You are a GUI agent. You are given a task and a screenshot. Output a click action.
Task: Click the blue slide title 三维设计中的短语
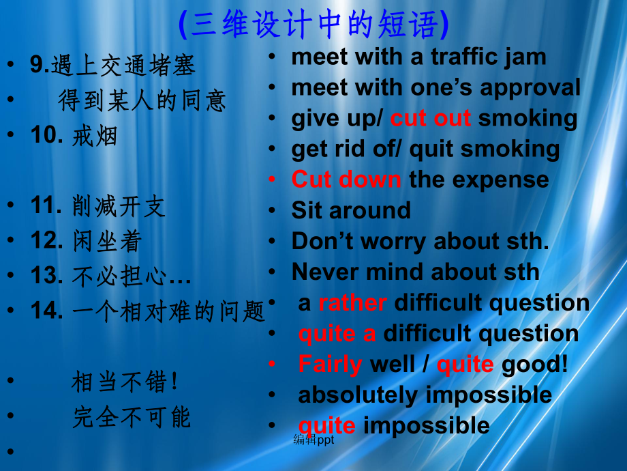(x=314, y=24)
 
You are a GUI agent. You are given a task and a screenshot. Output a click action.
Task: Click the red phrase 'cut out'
(x=431, y=118)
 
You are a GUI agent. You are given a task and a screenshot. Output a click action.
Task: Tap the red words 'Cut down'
(x=346, y=179)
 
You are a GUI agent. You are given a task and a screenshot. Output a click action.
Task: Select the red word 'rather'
(x=353, y=303)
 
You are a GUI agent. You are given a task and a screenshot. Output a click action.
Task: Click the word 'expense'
(x=501, y=180)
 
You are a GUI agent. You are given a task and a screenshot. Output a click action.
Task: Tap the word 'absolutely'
(x=358, y=396)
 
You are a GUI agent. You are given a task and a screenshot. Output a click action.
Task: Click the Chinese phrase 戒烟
(x=95, y=135)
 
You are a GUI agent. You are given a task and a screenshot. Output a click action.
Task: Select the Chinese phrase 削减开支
(x=119, y=206)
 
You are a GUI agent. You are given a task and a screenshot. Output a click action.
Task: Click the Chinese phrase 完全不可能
(x=132, y=417)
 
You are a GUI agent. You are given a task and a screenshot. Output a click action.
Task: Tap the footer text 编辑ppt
(x=314, y=440)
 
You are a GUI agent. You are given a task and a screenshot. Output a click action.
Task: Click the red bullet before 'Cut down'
(x=272, y=179)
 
